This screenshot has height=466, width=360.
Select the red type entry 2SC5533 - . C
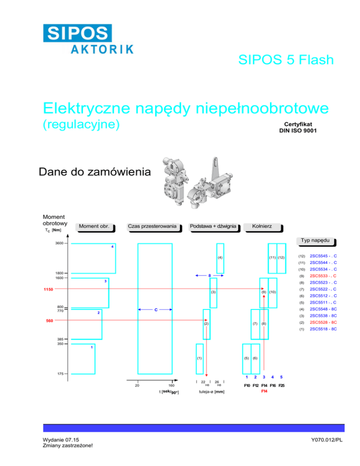[323, 276]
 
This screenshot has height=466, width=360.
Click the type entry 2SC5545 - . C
[323, 256]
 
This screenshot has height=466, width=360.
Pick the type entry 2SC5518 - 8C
[323, 329]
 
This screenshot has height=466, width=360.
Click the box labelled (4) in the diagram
[220, 258]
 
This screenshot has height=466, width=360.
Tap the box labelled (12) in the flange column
[281, 258]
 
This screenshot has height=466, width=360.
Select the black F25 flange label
[281, 385]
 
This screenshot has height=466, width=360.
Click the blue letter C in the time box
[155, 310]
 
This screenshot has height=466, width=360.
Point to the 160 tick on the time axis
[172, 386]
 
